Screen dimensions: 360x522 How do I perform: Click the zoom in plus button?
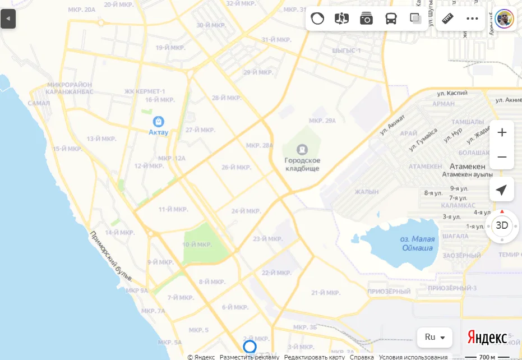(502, 133)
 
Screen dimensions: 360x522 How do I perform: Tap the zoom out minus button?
(502, 157)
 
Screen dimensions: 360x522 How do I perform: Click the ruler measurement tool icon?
(447, 19)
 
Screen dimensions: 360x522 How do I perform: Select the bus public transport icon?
(390, 19)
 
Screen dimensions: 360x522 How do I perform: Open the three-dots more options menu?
(472, 19)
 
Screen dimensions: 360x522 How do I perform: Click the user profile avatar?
(505, 19)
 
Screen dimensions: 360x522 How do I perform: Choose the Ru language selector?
(435, 337)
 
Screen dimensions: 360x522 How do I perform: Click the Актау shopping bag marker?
(159, 121)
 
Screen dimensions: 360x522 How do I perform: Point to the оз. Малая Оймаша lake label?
(416, 243)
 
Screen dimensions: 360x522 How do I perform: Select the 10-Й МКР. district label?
(197, 244)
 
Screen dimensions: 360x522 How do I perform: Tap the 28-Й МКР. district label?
(227, 98)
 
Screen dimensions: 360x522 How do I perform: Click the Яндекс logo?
(487, 338)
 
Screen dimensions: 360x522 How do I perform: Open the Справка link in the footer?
(362, 357)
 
